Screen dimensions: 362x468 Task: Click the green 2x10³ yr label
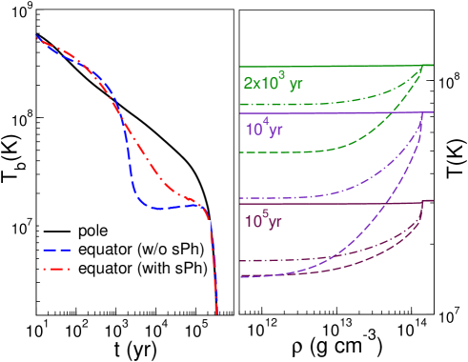tap(273, 83)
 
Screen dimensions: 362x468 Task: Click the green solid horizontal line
tap(334, 66)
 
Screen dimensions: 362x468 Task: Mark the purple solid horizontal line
tap(334, 112)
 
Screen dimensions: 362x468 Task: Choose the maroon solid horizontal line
tap(334, 203)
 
